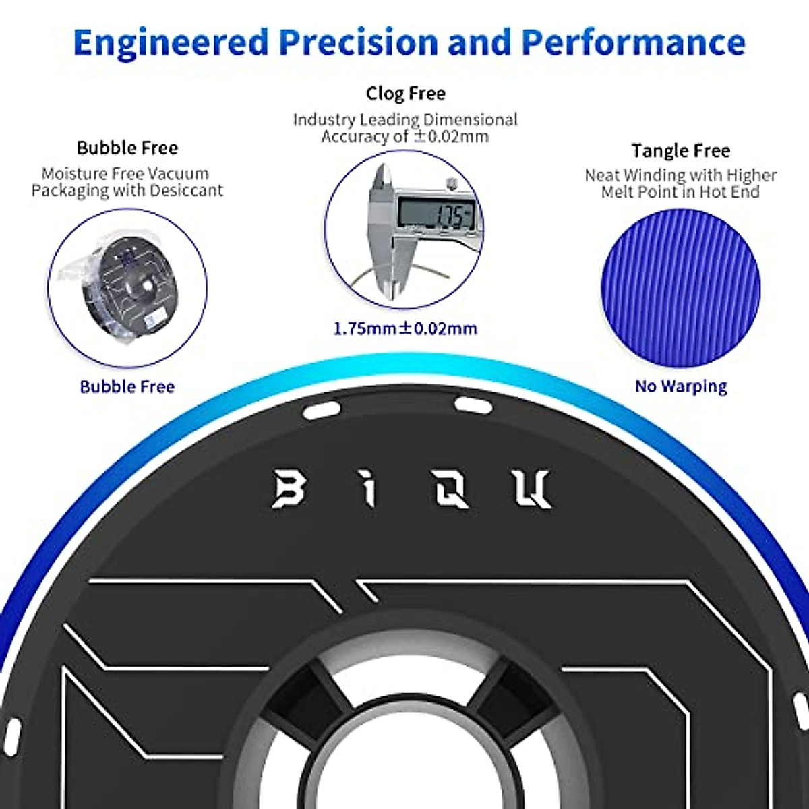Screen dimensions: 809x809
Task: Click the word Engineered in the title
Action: coord(170,42)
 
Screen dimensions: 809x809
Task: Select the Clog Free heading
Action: coord(405,93)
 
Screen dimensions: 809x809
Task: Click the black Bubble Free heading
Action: coord(127,148)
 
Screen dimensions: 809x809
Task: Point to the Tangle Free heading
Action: coord(680,150)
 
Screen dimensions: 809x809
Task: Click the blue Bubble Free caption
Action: coord(127,386)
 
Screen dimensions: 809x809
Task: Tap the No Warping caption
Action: coord(681,386)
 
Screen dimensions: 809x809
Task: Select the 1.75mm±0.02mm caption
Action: coord(405,329)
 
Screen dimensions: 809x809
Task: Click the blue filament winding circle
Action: coord(680,289)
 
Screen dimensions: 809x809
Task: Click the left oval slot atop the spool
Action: coord(321,409)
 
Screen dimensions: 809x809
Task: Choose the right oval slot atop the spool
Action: coord(474,405)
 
